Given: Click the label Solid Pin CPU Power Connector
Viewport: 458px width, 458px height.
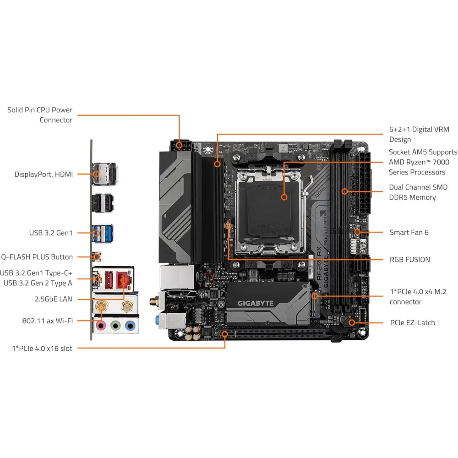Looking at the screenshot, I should pyautogui.click(x=40, y=115).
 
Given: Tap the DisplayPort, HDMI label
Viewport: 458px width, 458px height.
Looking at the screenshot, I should pyautogui.click(x=44, y=174).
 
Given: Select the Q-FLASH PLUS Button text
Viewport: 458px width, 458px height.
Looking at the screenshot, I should pyautogui.click(x=37, y=257).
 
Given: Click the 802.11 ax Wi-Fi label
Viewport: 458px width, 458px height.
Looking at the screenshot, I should pyautogui.click(x=47, y=321).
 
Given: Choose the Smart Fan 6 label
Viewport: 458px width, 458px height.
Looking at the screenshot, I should pyautogui.click(x=409, y=232).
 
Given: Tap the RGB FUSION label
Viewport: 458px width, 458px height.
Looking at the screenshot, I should pyautogui.click(x=409, y=259).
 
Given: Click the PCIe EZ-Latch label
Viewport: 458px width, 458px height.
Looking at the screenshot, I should pyautogui.click(x=412, y=322).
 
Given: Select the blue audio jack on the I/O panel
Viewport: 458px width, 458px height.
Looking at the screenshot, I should pyautogui.click(x=130, y=326).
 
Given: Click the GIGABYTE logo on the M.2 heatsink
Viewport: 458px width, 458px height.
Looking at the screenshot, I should pyautogui.click(x=255, y=303).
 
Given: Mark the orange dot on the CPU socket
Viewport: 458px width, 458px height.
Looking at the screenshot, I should pyautogui.click(x=284, y=197).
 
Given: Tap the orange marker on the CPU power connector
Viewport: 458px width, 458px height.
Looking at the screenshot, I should pyautogui.click(x=179, y=147).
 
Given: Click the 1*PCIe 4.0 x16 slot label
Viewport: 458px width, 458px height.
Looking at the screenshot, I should pyautogui.click(x=42, y=349).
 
